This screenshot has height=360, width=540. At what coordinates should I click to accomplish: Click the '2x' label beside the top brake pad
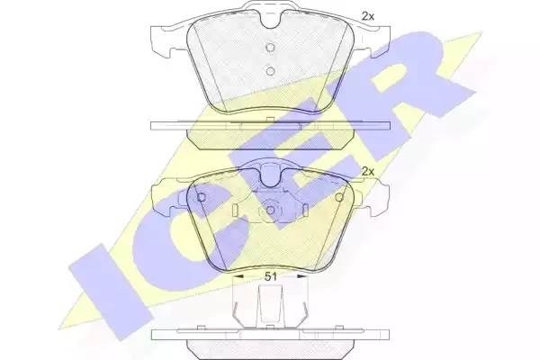[367, 15]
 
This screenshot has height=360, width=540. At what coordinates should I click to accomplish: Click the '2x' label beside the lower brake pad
[367, 171]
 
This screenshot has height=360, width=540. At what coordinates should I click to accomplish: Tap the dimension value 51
[269, 276]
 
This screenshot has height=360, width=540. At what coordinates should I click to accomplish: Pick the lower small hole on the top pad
[269, 71]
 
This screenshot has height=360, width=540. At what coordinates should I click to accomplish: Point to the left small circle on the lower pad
[202, 198]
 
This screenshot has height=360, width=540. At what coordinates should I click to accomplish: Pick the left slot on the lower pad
[233, 210]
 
